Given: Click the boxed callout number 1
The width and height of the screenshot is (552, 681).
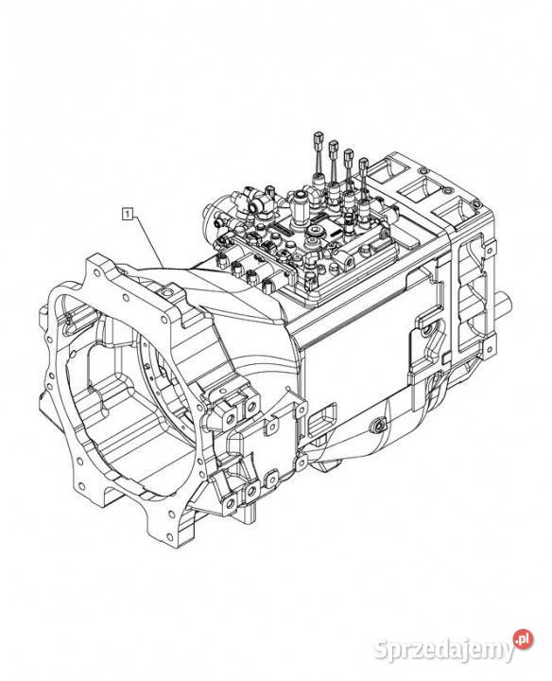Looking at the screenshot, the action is click(x=128, y=213).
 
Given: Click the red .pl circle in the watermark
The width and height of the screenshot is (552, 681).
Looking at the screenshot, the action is click(x=524, y=639).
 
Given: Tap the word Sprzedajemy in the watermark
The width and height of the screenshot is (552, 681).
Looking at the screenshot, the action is click(x=444, y=651).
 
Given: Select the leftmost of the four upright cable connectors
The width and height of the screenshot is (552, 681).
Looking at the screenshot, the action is click(x=319, y=141).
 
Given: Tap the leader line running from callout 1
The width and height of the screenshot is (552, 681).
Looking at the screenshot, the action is click(x=148, y=241).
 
